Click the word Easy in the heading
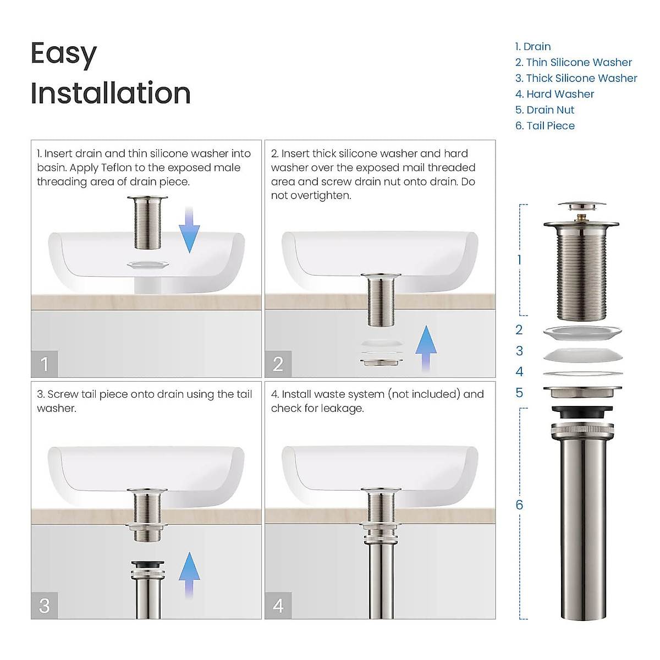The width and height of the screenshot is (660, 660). [x=63, y=54]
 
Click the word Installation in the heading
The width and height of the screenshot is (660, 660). [x=111, y=93]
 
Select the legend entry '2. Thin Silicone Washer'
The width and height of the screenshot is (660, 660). [x=573, y=62]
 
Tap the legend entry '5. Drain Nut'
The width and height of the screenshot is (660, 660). [x=544, y=110]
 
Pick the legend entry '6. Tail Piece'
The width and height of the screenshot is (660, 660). [x=544, y=126]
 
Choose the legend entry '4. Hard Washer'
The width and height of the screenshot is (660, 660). [x=554, y=94]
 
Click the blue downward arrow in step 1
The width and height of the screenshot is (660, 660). [x=189, y=231]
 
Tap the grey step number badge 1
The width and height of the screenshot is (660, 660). [x=45, y=364]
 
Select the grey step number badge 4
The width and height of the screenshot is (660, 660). [x=278, y=606]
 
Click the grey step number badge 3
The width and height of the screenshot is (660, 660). [x=45, y=606]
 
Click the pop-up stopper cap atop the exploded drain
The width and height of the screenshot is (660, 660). [x=582, y=206]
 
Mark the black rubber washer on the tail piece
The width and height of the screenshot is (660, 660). [x=582, y=412]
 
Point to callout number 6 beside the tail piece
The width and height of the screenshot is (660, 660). [x=519, y=505]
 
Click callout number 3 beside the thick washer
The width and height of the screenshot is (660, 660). [x=519, y=351]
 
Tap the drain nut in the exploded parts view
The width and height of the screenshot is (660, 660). [x=582, y=392]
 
